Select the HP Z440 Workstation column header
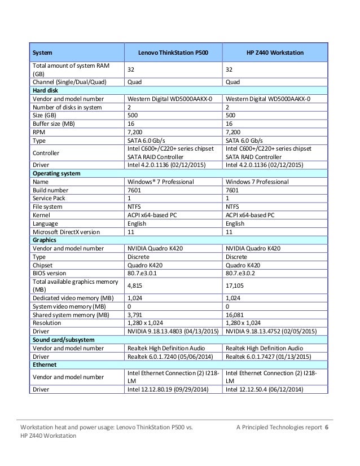(x=276, y=53)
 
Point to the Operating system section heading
(x=56, y=173)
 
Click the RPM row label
(x=39, y=130)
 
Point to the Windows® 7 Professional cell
(x=161, y=182)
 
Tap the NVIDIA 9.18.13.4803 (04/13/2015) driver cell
(x=169, y=331)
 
